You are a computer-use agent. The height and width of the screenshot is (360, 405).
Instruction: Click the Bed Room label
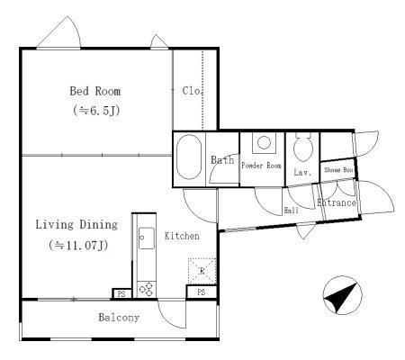[x=95, y=91]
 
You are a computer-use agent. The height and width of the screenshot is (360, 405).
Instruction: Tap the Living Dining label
[x=76, y=225]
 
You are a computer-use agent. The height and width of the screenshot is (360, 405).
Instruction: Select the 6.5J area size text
[x=96, y=111]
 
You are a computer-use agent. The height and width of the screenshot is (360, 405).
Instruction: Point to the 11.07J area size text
[x=78, y=246]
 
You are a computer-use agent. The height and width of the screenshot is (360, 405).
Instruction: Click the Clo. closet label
[x=192, y=91]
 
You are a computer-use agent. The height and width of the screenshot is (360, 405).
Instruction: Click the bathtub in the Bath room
[x=189, y=157]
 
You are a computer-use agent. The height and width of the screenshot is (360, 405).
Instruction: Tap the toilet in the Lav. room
[x=303, y=148]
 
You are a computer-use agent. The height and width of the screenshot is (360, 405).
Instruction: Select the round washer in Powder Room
[x=264, y=142]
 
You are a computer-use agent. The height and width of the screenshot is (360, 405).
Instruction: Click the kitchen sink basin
[x=147, y=238]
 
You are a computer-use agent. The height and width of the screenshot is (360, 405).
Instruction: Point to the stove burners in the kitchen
[x=147, y=289]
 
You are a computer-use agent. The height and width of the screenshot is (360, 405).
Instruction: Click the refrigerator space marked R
[x=202, y=271]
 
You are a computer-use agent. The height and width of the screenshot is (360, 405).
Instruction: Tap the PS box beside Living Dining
[x=121, y=293]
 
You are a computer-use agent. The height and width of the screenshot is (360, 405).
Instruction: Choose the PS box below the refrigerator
[x=202, y=292]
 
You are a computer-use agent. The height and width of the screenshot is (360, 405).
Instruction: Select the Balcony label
[x=119, y=318]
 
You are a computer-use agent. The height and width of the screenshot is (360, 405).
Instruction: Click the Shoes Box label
[x=338, y=170]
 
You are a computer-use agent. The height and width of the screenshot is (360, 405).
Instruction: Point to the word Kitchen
[x=182, y=236]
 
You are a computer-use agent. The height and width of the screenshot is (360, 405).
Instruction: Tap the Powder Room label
[x=261, y=166]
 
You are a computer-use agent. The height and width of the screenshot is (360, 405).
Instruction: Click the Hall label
[x=291, y=211]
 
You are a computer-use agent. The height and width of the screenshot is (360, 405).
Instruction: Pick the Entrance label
[x=337, y=202]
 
